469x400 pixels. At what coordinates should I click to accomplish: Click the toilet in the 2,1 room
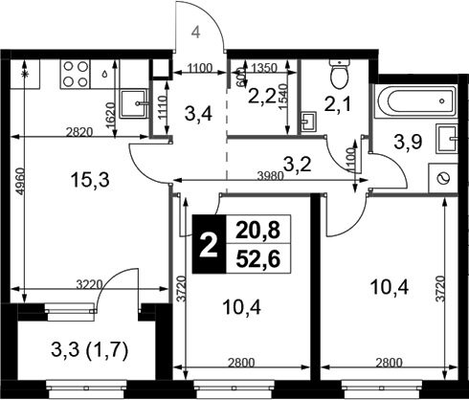pos(339,74)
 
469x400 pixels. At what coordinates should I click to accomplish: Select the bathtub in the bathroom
pos(415,101)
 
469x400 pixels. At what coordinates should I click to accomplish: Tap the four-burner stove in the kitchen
pos(76,74)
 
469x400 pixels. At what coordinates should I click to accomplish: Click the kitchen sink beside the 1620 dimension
pos(134,103)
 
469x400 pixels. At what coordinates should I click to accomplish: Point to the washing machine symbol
pos(443,178)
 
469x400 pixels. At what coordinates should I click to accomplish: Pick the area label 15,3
pos(90,180)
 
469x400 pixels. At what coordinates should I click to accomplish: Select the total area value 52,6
pos(257,259)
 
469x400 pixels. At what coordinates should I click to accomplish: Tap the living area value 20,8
pos(257,231)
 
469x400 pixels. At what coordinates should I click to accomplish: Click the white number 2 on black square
pos(209,245)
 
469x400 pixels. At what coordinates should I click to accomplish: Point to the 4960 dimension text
pos(20,181)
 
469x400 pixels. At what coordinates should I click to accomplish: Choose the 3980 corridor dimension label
pos(270,176)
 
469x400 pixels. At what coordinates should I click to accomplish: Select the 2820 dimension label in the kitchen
pos(78,132)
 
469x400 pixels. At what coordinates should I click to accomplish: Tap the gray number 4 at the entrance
pos(196,33)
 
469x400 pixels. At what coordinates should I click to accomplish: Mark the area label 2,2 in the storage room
pos(262,97)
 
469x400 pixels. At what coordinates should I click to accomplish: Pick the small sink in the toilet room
pos(308,122)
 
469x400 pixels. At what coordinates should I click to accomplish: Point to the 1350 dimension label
pos(264,68)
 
